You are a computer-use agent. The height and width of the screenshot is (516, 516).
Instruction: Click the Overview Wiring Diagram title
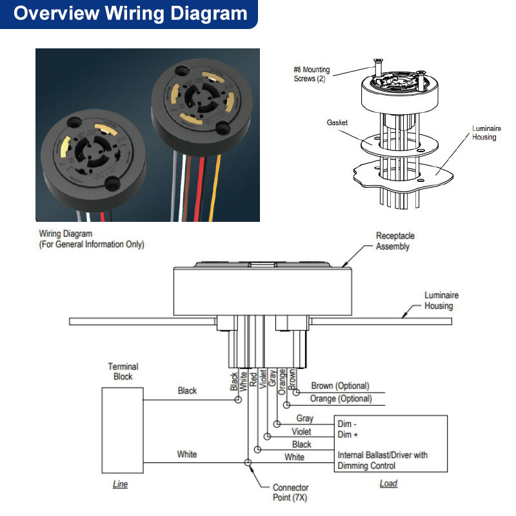pyautogui.click(x=130, y=14)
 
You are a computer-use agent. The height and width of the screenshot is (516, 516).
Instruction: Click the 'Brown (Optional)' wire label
pyautogui.click(x=340, y=386)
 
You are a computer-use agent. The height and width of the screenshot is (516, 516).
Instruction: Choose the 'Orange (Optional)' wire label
pyautogui.click(x=341, y=399)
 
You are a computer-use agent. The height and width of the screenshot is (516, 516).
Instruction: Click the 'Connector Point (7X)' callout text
pyautogui.click(x=290, y=493)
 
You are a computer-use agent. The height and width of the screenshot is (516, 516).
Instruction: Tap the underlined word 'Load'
pyautogui.click(x=388, y=483)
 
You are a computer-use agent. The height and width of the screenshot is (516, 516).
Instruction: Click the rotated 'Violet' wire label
pyautogui.click(x=263, y=381)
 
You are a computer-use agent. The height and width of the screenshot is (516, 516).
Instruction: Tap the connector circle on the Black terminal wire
pyautogui.click(x=238, y=400)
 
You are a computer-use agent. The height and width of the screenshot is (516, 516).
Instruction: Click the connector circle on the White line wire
pyautogui.click(x=248, y=462)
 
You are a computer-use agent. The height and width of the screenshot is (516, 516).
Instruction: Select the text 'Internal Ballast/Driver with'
pyautogui.click(x=382, y=455)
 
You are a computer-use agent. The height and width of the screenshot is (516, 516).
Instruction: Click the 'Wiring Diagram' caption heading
pyautogui.click(x=66, y=233)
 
